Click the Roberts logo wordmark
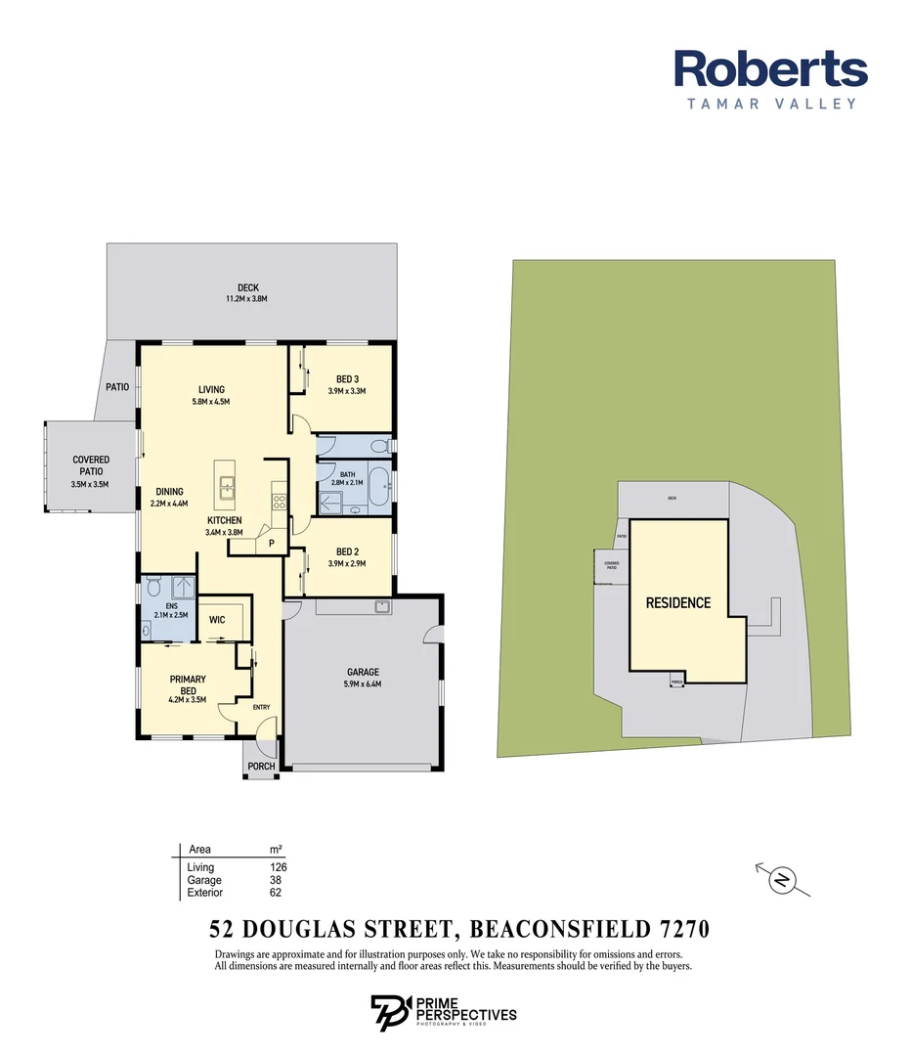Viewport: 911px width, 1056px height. click(x=770, y=69)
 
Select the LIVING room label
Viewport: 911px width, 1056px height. click(x=212, y=389)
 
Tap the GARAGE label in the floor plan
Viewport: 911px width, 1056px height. click(x=363, y=672)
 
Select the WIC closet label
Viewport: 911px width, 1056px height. click(x=218, y=620)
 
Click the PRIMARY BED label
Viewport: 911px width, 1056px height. click(x=187, y=684)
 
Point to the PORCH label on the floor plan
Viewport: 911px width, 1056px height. click(x=261, y=766)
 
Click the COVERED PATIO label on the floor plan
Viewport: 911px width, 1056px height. click(x=91, y=465)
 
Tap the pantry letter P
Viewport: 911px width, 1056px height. click(x=272, y=544)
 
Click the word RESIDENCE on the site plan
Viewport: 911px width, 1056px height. click(x=677, y=602)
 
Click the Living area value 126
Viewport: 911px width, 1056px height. click(x=279, y=867)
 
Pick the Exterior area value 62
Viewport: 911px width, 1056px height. click(x=276, y=893)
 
